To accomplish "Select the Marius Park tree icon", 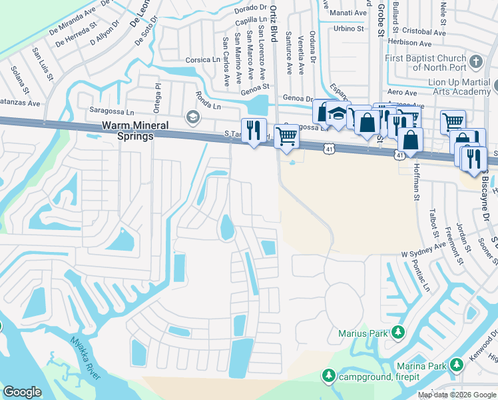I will (397, 331).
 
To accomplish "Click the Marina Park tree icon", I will (456, 365).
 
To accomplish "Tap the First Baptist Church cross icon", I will (475, 63).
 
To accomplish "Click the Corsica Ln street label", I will (202, 59).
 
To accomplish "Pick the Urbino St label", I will (349, 29).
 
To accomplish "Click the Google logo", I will (22, 392).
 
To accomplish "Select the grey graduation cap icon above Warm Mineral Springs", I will (193, 118).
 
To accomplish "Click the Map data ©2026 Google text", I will (457, 395).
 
